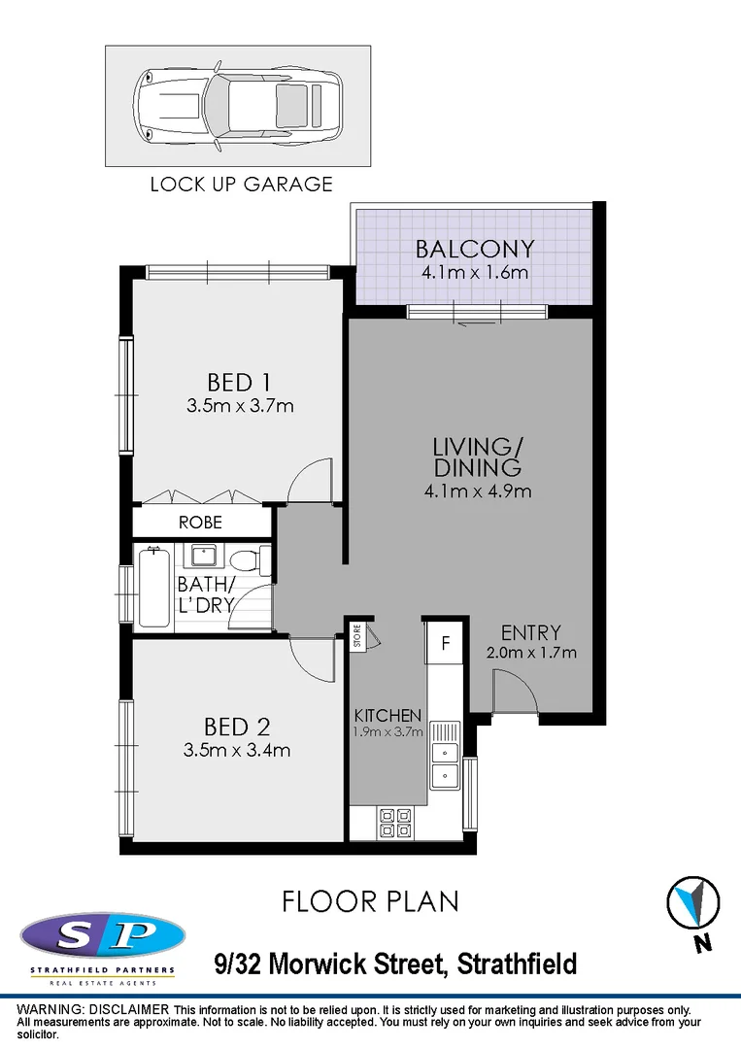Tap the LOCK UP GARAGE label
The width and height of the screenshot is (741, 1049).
click(241, 184)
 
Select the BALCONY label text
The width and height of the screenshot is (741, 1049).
click(475, 249)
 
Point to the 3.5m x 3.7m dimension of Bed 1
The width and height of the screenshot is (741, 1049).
click(240, 406)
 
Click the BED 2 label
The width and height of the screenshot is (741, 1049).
click(237, 726)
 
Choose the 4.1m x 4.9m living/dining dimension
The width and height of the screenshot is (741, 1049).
click(477, 491)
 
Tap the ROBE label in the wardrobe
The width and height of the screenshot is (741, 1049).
click(200, 522)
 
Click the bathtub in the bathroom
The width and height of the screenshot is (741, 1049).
click(153, 587)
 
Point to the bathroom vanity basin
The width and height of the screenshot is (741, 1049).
click(203, 557)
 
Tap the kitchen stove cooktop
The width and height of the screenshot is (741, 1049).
click(394, 824)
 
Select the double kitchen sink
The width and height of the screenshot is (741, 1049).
click(446, 761)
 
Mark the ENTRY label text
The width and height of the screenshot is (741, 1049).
click(531, 633)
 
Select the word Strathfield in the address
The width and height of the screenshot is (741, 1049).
click(517, 964)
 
